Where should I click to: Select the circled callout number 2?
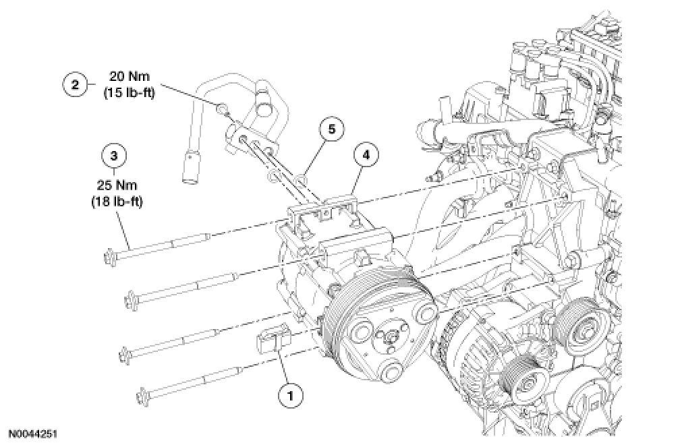coord(74,85)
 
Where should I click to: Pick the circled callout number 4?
coord(365,155)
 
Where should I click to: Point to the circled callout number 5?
coord(332,129)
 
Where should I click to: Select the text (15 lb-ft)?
coord(129,94)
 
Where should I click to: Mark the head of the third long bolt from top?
coord(125,355)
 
